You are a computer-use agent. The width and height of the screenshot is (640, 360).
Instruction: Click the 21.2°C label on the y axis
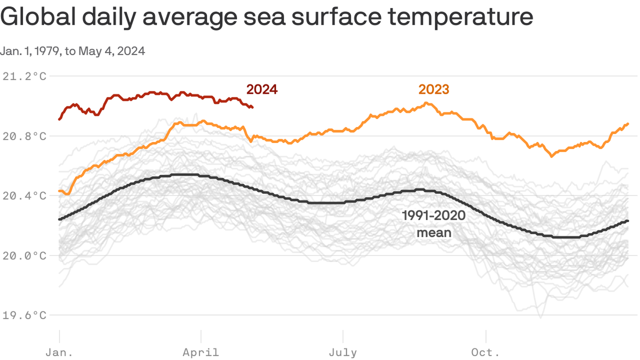(x=24, y=76)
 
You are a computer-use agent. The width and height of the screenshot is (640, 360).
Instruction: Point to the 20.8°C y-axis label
(x=24, y=136)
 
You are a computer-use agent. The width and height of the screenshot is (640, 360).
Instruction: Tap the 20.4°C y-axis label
(x=24, y=195)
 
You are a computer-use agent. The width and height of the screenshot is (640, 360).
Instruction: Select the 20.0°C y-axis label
(x=24, y=255)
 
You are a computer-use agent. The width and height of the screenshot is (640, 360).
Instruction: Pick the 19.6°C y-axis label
(x=24, y=315)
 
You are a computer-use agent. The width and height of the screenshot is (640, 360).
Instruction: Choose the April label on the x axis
(x=201, y=352)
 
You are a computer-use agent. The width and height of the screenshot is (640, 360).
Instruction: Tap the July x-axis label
(x=343, y=352)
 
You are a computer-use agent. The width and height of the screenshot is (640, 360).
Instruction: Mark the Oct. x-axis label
(x=486, y=352)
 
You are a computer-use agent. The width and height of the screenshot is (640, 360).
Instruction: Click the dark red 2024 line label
(x=262, y=89)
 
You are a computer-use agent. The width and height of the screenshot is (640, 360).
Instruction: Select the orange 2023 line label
(x=433, y=89)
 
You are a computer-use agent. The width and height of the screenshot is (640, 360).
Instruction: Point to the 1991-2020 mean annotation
(x=434, y=224)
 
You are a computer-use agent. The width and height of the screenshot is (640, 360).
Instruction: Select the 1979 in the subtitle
(x=46, y=51)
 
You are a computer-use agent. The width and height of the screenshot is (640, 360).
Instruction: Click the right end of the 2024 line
(x=252, y=107)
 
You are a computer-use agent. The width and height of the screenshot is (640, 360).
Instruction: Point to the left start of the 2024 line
(x=60, y=119)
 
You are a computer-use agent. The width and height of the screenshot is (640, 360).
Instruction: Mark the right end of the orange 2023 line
(x=627, y=124)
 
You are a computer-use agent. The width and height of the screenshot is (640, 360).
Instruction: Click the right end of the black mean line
(x=627, y=221)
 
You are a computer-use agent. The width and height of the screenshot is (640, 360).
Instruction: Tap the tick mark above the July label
(x=343, y=336)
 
